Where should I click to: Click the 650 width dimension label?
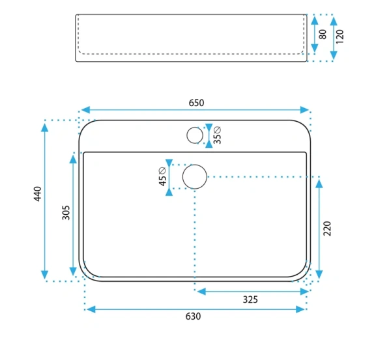(197, 103)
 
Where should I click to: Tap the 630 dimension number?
(194, 316)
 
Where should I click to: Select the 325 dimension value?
(250, 299)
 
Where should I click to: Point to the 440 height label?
(37, 194)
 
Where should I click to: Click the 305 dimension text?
(66, 212)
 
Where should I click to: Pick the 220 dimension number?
(327, 228)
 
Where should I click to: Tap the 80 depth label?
(323, 35)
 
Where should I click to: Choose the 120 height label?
(340, 36)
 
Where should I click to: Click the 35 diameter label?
(218, 135)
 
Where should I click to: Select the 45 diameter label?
(162, 176)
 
